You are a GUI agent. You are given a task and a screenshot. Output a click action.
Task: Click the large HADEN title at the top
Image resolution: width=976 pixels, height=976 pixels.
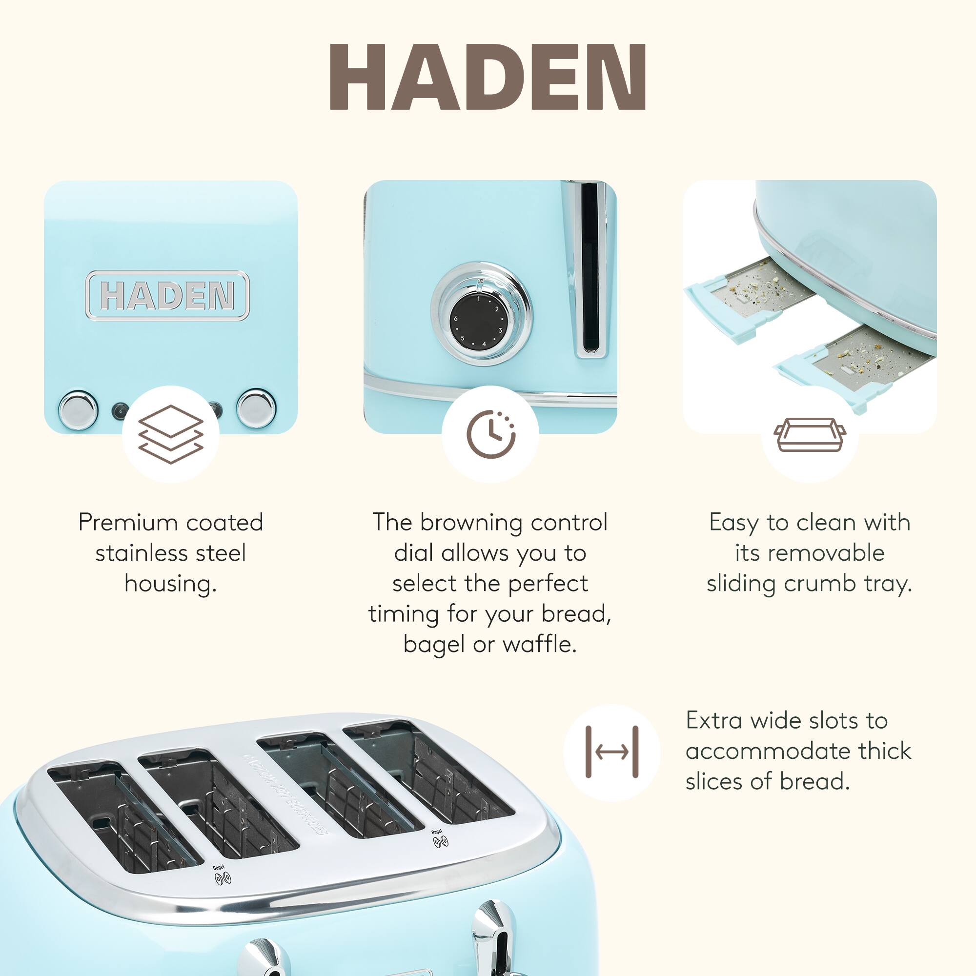(x=488, y=77)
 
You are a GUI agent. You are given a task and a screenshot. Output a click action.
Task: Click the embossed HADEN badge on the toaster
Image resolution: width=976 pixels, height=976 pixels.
(x=167, y=296)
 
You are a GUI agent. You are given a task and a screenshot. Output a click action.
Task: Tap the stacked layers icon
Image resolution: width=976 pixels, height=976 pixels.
(x=171, y=434)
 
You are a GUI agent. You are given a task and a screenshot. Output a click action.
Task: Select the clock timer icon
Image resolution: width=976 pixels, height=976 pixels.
(x=490, y=434)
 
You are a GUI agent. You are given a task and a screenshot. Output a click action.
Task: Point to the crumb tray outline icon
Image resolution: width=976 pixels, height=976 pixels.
(x=809, y=434)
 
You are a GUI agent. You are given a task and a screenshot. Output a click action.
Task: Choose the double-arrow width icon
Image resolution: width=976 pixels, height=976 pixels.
(x=611, y=752)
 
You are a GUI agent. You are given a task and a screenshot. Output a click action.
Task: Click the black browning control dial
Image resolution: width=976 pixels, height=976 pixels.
(x=477, y=322)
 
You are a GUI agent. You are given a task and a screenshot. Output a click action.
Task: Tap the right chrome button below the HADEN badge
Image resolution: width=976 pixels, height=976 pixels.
(x=257, y=407)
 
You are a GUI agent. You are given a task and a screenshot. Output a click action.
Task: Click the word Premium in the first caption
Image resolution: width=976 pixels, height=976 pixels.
(x=128, y=522)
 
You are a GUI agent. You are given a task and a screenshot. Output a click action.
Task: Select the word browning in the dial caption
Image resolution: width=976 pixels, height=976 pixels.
(x=471, y=522)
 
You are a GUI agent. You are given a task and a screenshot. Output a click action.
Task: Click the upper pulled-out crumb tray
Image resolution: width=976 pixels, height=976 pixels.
(x=748, y=293)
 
